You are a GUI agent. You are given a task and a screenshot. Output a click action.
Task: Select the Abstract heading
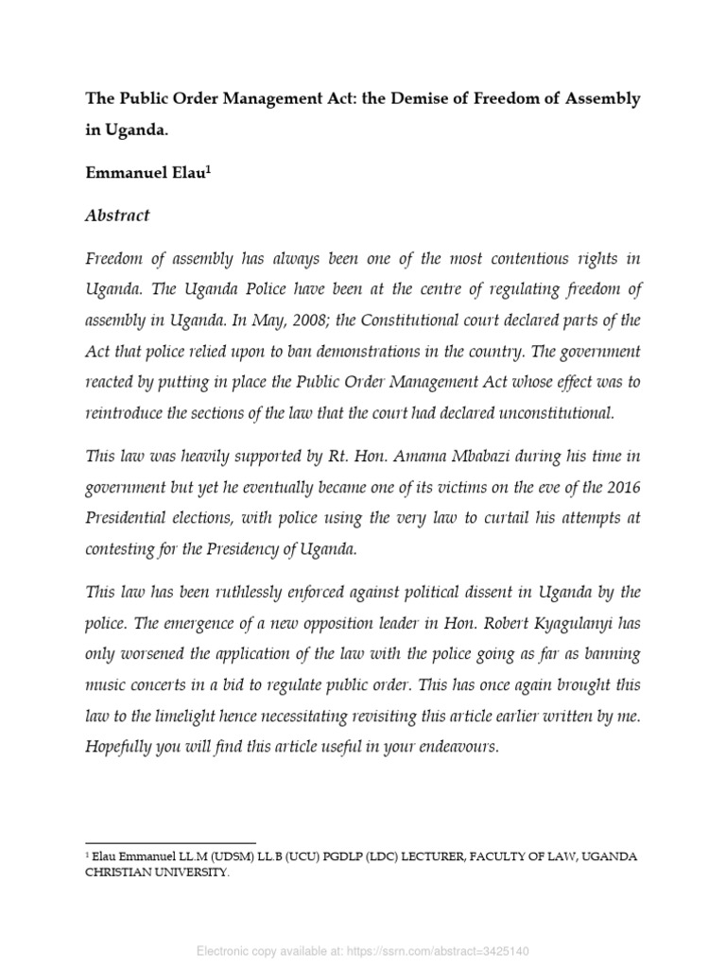pyautogui.click(x=118, y=216)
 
